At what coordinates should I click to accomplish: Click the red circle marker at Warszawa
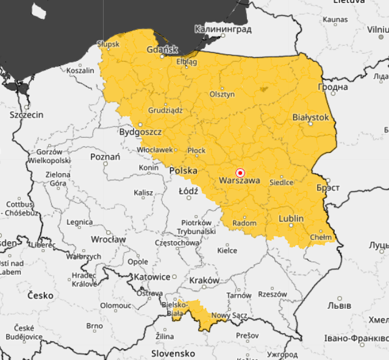tap(240, 172)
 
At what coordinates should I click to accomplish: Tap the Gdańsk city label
tap(162, 49)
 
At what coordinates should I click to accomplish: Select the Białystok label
tap(310, 117)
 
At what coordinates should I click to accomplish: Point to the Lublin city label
tap(291, 218)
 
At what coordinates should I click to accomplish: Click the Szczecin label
tap(27, 115)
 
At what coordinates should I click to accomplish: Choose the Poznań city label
tap(105, 157)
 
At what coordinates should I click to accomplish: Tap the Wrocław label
tap(109, 239)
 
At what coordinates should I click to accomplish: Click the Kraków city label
tap(204, 280)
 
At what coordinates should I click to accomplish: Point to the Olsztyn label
tap(222, 94)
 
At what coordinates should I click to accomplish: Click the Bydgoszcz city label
tap(140, 132)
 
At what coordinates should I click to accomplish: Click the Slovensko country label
tap(173, 353)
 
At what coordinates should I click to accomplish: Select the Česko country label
tap(40, 295)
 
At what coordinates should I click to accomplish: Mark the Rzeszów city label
tap(273, 294)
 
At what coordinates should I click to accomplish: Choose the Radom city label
tap(244, 223)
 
